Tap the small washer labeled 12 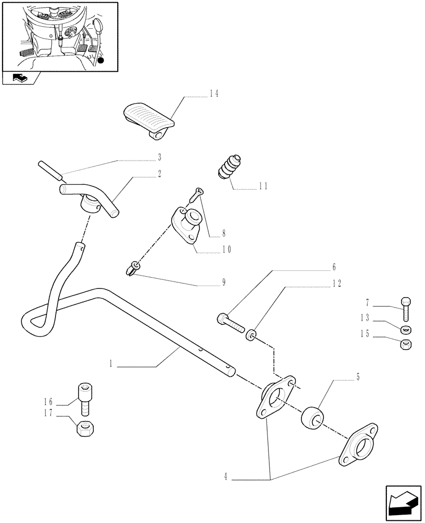click(x=252, y=334)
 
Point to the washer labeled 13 click(x=405, y=329)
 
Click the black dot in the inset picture click(x=100, y=61)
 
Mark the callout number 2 click(x=159, y=173)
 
